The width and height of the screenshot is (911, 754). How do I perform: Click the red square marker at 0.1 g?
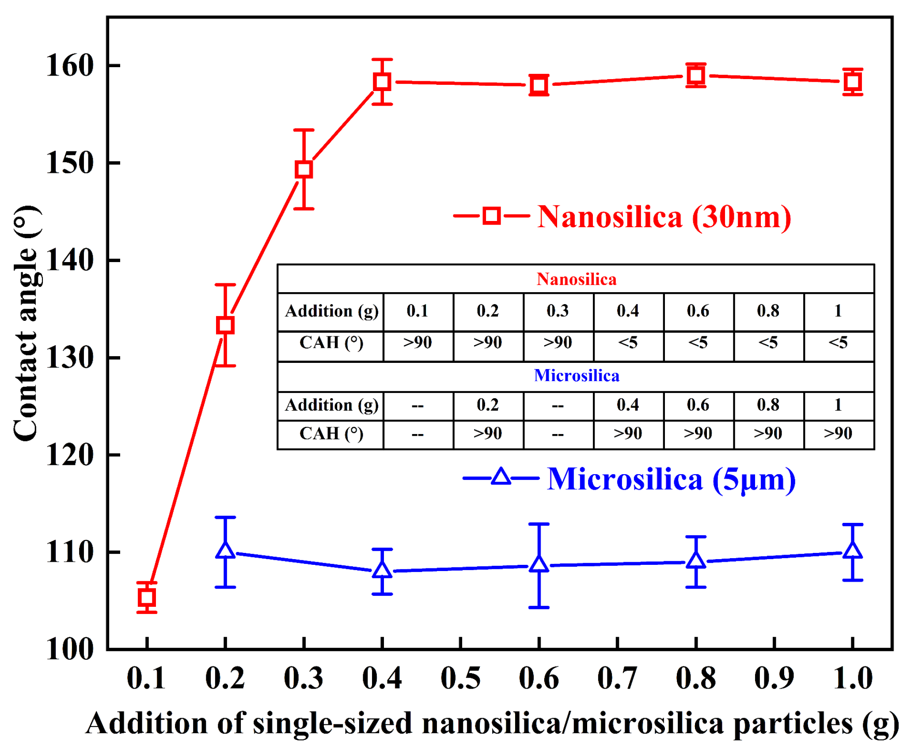147,598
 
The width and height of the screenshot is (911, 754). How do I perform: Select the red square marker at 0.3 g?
304,169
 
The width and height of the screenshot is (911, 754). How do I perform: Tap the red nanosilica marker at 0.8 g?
696,75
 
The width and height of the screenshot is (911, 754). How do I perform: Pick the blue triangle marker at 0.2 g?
225,551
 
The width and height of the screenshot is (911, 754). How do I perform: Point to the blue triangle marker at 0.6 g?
539,564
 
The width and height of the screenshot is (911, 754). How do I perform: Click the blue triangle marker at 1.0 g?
853,551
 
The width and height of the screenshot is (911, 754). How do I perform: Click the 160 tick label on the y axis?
70,66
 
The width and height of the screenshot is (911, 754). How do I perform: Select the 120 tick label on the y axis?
70,455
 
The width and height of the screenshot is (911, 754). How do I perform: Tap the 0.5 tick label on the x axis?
460,678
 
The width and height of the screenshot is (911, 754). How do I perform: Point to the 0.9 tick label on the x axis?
774,678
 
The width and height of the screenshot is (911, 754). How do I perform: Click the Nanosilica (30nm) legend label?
664,217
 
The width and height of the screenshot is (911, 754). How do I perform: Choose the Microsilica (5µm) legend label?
671,480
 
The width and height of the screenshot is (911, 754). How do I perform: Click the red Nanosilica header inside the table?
576,279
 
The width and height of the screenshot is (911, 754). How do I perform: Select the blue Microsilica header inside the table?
576,376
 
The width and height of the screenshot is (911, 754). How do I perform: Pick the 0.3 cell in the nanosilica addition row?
558,311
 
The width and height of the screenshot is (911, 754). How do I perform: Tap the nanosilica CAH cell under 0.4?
628,343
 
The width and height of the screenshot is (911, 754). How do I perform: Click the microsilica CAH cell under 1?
838,434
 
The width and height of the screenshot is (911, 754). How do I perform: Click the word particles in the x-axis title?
793,724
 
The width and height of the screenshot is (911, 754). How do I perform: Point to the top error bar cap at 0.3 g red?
304,130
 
